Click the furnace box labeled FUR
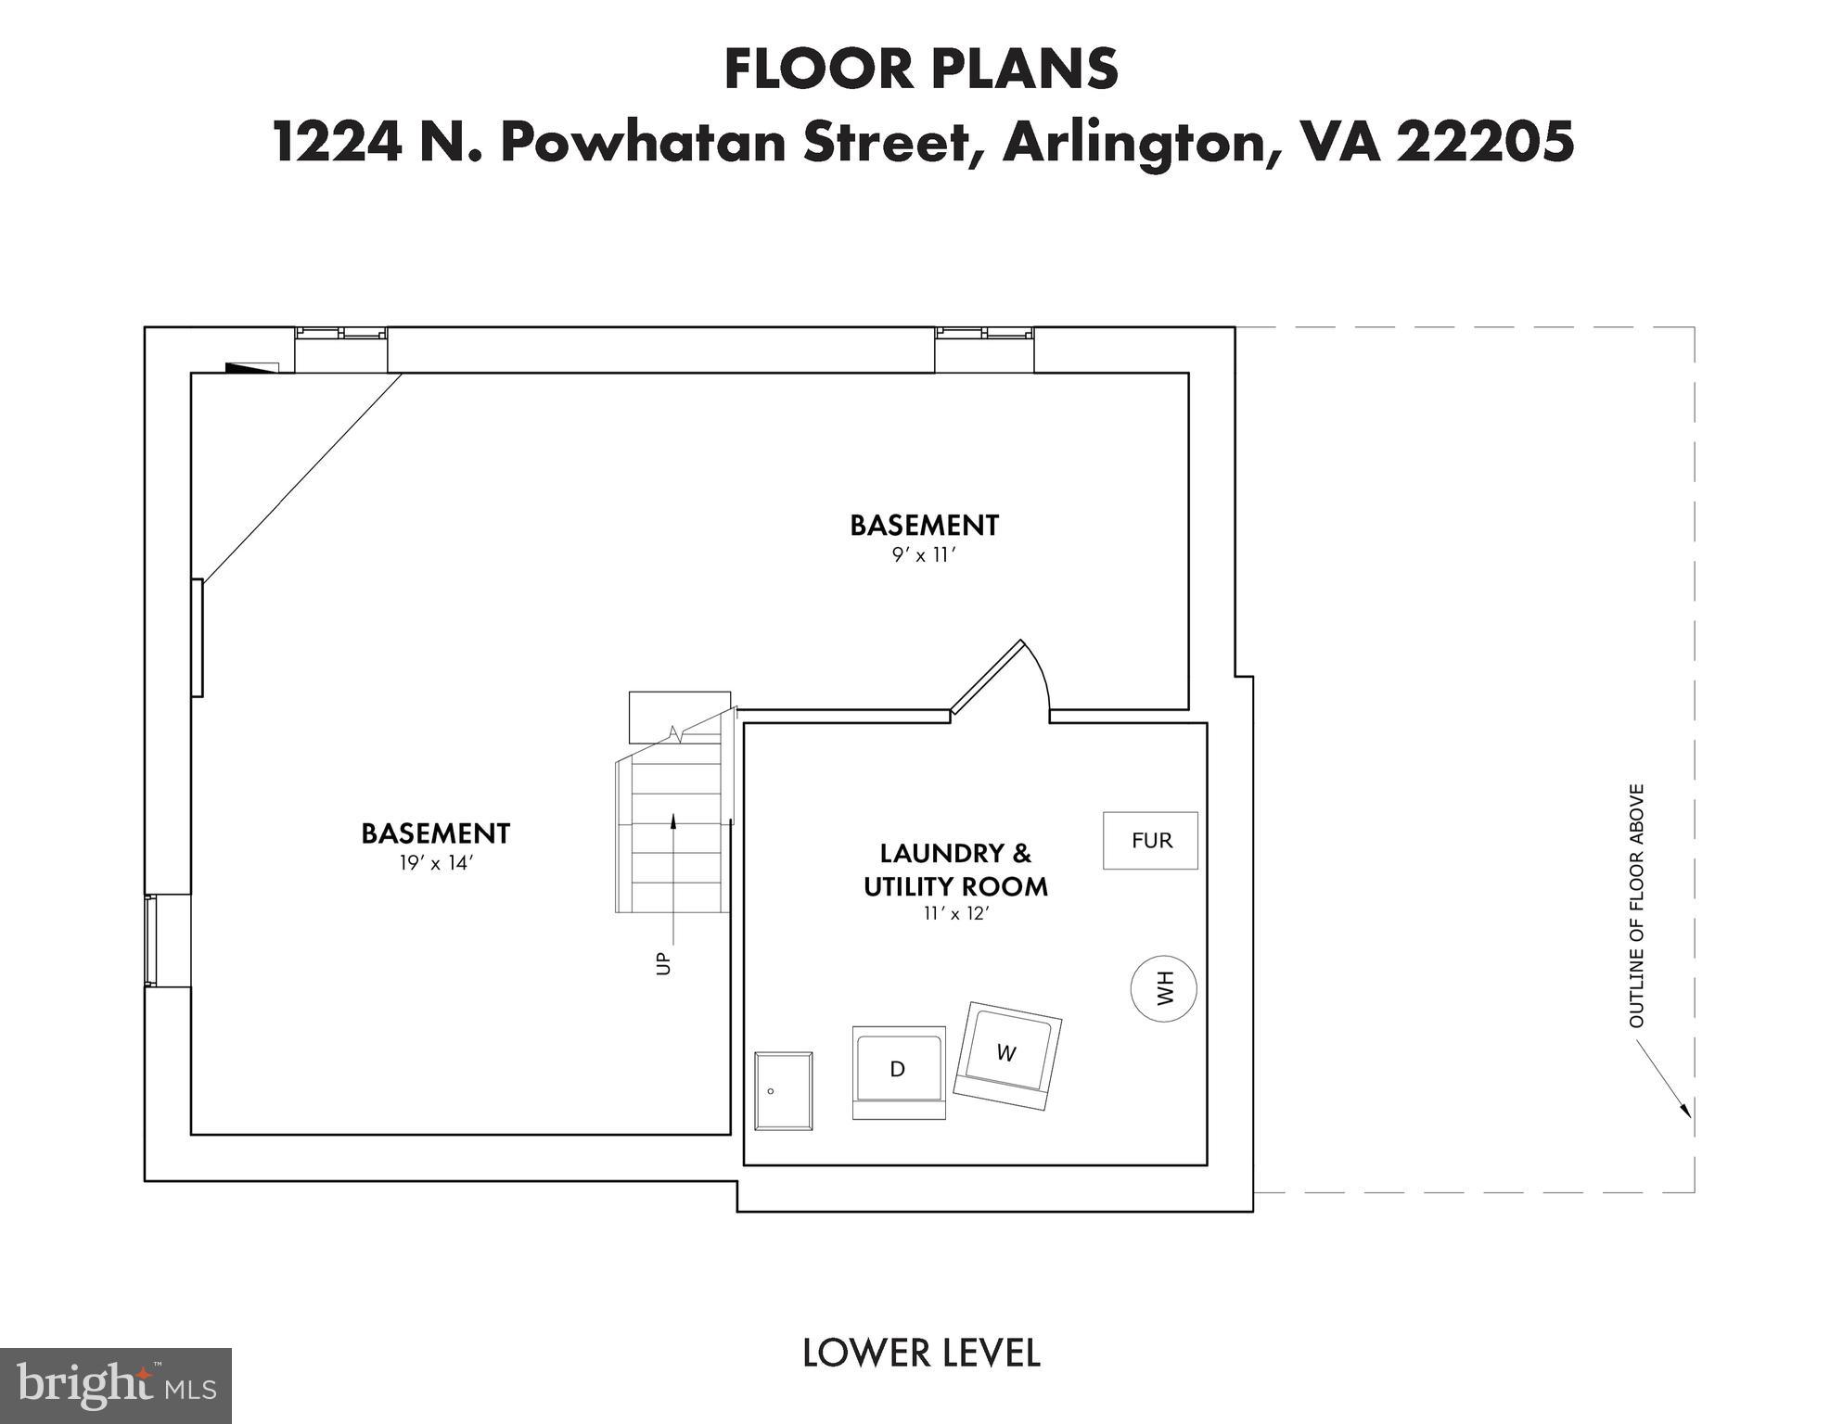1150,841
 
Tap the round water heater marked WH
1164,988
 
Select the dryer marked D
899,1072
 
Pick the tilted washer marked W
1007,1056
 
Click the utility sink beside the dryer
784,1091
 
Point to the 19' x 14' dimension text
436,863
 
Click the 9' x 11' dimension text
924,555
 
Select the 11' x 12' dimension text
956,913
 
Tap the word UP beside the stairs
663,963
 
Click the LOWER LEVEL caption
921,1354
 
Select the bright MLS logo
116,1385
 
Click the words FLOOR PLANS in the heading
921,70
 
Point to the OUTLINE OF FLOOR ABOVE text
1636,906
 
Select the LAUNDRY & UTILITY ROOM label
955,870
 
